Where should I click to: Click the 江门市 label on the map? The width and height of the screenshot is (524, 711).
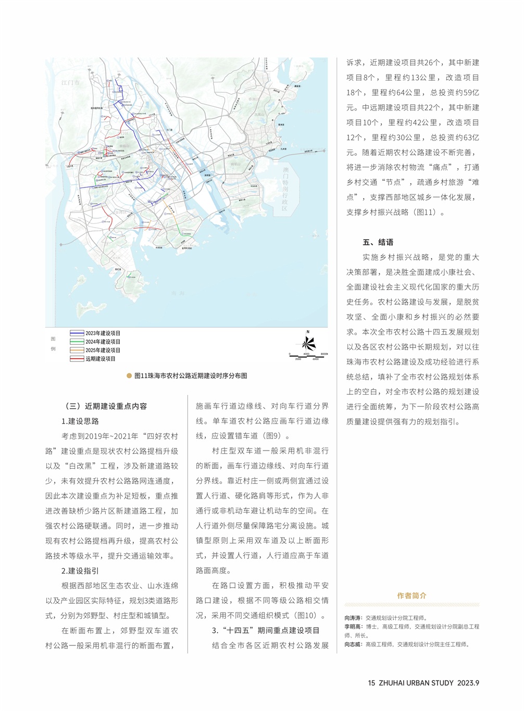point(70,83)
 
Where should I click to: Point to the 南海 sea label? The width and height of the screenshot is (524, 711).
point(178,293)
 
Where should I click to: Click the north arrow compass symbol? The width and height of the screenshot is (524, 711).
point(308,342)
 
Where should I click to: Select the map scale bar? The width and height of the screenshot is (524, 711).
point(308,356)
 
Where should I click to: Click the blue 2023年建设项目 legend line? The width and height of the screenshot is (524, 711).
point(77,333)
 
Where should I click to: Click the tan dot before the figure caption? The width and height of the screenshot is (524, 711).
point(129,376)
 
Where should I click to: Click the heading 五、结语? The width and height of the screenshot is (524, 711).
point(378,242)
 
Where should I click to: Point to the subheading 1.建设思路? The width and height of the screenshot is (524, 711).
point(80,421)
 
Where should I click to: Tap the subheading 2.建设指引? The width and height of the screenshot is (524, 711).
point(80,571)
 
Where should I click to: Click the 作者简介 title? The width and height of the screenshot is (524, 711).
point(411,596)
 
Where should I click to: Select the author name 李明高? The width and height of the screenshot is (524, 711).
point(353,627)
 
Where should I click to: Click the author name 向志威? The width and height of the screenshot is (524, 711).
point(353,644)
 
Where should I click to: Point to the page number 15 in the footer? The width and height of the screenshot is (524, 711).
point(371,683)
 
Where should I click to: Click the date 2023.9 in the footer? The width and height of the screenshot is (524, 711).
point(468,683)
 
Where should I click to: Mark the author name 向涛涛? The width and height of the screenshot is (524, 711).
point(353,618)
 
